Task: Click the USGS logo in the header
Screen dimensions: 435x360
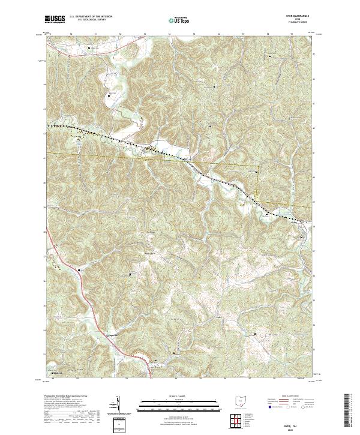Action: point(55,20)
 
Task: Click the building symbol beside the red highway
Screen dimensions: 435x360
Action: point(157,361)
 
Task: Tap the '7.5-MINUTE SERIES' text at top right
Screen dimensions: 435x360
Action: point(299,25)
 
